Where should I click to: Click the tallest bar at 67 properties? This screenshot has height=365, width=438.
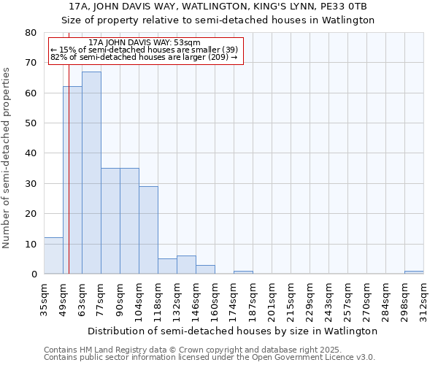[91, 173]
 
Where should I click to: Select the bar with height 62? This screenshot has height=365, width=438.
[72, 180]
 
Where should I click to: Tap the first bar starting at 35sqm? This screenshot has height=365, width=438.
[53, 255]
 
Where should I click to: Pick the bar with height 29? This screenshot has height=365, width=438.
[148, 230]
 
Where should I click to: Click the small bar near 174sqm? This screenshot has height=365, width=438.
[243, 272]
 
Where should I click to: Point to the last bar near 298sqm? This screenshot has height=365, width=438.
[414, 272]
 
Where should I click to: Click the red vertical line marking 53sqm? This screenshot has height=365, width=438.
[69, 168]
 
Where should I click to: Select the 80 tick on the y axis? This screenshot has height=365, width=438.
[31, 33]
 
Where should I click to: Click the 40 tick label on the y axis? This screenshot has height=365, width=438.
[31, 153]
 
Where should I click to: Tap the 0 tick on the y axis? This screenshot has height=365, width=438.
[34, 274]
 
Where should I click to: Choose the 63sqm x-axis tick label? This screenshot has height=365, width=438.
[82, 299]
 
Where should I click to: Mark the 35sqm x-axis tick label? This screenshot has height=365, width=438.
[45, 299]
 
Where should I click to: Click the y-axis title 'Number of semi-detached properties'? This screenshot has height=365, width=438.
[7, 158]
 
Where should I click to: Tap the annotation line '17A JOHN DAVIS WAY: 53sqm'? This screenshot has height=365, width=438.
[144, 43]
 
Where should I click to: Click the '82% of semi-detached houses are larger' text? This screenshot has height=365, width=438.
[144, 57]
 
